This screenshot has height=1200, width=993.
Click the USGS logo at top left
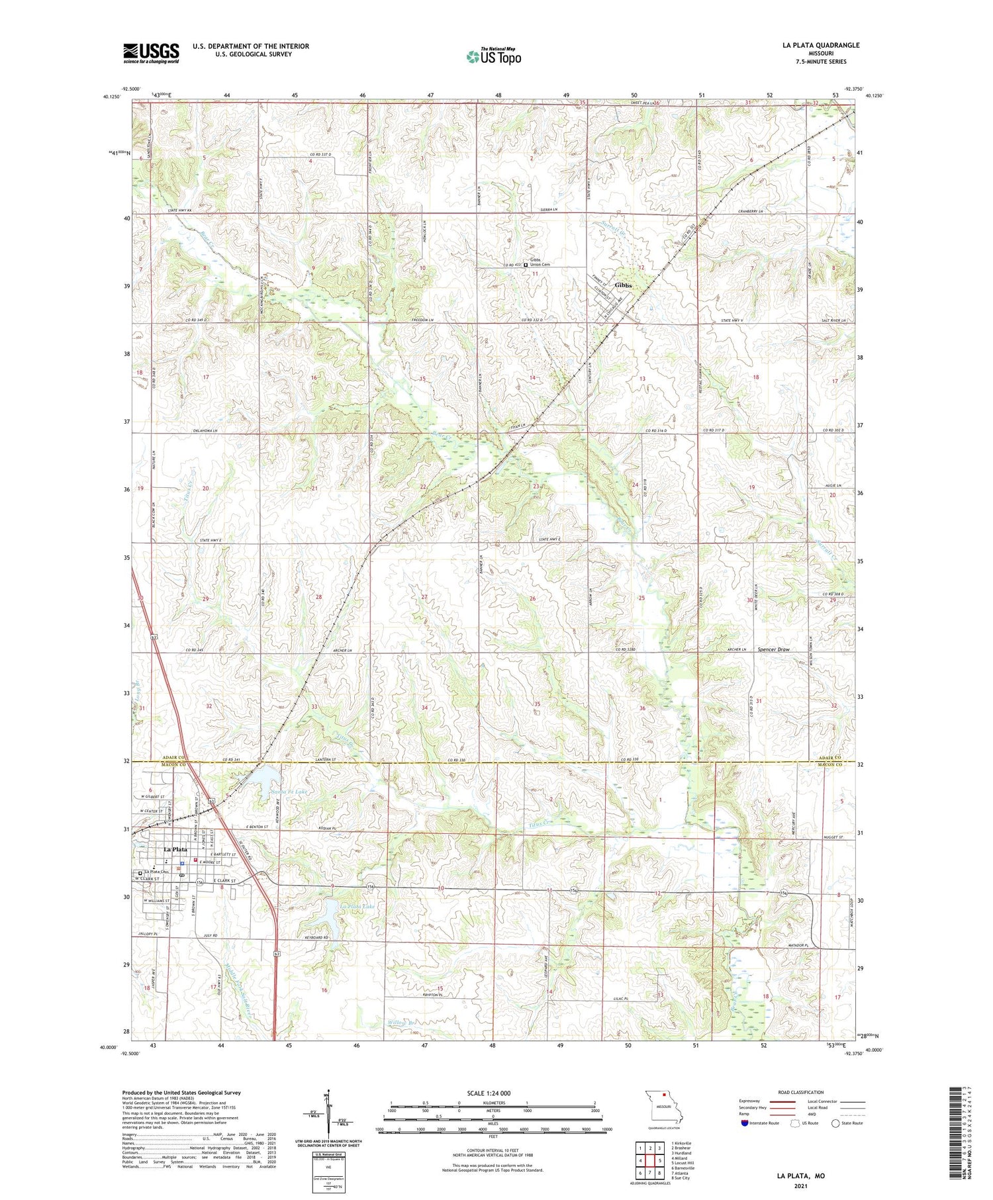tap(151, 53)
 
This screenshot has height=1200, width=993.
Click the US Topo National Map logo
tap(493, 56)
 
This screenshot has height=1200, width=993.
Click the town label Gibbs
tap(623, 285)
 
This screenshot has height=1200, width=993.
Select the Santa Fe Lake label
tap(289, 792)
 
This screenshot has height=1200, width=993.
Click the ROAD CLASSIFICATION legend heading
tap(801, 1092)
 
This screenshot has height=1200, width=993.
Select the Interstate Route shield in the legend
tap(745, 1123)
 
